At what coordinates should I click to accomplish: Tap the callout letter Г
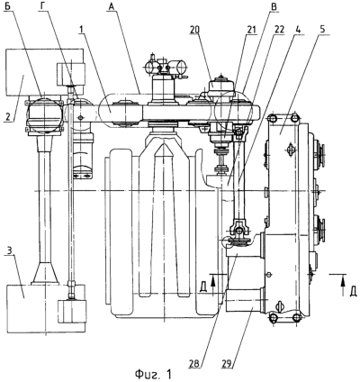coord(42,6)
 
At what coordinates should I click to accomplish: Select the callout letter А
coord(112,6)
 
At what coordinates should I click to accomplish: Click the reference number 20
coord(195,30)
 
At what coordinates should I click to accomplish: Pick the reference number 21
coord(250,30)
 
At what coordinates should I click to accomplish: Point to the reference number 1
coord(81,30)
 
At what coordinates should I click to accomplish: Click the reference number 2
coord(8,116)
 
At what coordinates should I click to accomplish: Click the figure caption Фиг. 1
coord(153,374)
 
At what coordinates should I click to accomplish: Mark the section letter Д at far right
coord(354,291)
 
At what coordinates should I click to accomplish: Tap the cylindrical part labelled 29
coord(245,300)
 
